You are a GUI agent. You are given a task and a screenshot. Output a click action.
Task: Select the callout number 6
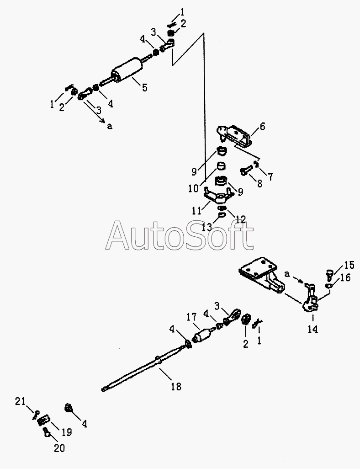[x=262, y=127]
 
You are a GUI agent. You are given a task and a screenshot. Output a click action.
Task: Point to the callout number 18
[x=175, y=386]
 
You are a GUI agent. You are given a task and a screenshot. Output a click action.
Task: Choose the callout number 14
[x=313, y=329]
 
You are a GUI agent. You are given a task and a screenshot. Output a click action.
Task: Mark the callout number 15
[x=349, y=265]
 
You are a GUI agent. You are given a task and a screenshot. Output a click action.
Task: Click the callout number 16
[x=346, y=278]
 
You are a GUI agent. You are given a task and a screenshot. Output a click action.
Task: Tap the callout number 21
[x=20, y=401]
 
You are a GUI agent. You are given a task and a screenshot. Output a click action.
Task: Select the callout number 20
[x=60, y=448]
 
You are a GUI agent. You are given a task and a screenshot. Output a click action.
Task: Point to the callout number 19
[x=67, y=432]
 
